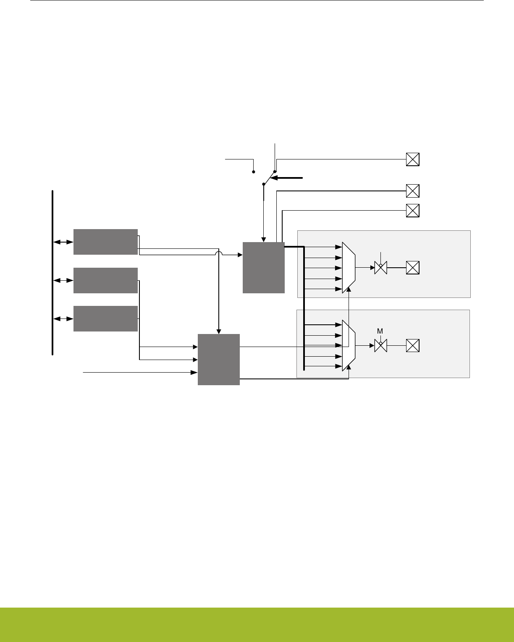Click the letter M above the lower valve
(x=380, y=331)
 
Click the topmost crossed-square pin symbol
(x=413, y=159)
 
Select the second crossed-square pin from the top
(x=413, y=191)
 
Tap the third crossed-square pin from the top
(x=413, y=210)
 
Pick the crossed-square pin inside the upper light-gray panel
(x=413, y=267)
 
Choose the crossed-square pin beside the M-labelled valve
(x=413, y=346)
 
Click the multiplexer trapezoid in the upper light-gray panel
(x=349, y=267)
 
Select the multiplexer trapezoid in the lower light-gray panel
(x=349, y=346)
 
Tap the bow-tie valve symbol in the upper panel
(x=380, y=268)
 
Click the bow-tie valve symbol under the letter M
(x=380, y=346)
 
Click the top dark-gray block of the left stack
(x=105, y=242)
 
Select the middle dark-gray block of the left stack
(x=105, y=280)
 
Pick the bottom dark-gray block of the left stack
(x=105, y=318)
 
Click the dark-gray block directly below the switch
(x=264, y=267)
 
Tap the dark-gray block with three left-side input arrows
(x=219, y=359)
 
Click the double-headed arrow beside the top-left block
(x=63, y=242)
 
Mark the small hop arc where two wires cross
(x=218, y=253)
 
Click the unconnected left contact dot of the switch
(x=254, y=172)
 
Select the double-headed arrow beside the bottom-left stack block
(x=63, y=319)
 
